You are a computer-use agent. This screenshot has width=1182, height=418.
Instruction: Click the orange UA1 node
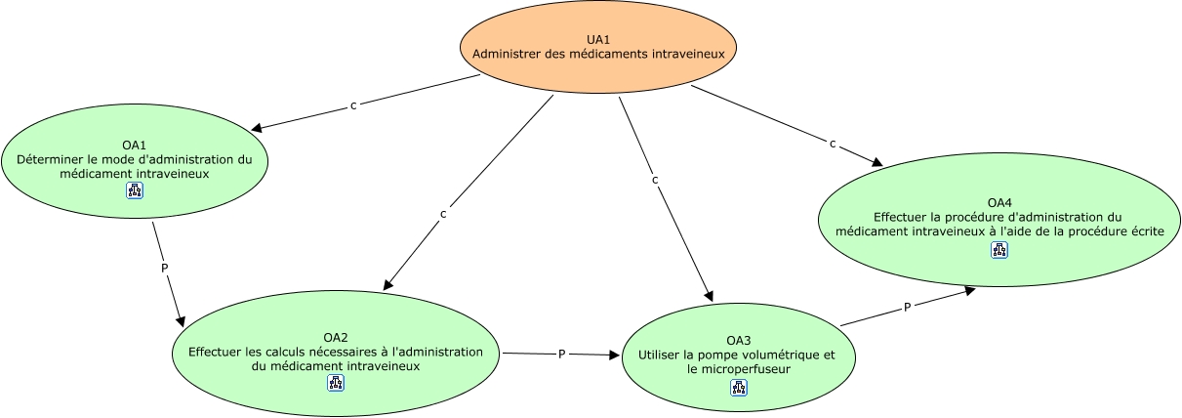pos(598,47)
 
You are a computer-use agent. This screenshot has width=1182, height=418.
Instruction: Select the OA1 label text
pos(134,146)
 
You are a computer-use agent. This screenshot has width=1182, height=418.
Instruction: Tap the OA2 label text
pos(336,337)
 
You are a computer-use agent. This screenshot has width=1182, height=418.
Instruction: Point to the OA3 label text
pos(738,341)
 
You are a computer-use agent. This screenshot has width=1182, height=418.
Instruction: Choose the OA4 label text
pos(999,203)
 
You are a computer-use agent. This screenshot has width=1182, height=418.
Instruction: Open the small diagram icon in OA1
pos(135,190)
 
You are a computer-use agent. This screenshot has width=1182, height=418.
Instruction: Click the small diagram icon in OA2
pos(336,383)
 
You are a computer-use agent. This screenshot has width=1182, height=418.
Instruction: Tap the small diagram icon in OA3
pos(739,388)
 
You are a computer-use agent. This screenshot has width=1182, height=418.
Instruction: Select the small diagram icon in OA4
pos(999,250)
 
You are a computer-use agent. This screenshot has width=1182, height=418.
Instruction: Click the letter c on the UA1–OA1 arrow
pos(353,105)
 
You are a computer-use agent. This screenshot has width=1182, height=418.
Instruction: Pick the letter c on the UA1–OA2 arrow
pos(443,214)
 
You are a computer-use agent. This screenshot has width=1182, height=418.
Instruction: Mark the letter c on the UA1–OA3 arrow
pos(655,180)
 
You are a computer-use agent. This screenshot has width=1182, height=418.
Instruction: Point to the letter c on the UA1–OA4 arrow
pos(833,144)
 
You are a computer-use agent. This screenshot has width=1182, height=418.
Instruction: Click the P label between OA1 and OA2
pos(165,269)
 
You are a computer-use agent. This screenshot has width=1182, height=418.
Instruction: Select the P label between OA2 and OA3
pos(562,355)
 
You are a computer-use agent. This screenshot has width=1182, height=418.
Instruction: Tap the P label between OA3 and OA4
pos(907,308)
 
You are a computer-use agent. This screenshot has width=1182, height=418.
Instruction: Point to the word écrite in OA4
pos(1147,231)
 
